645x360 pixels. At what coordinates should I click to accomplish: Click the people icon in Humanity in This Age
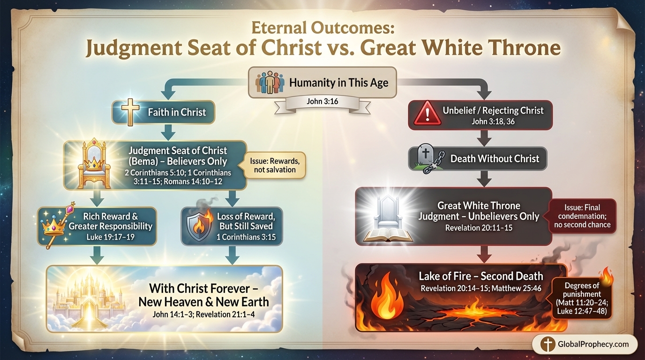click(270, 82)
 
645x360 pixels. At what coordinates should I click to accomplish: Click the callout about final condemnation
click(582, 216)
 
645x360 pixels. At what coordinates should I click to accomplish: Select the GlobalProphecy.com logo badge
click(585, 344)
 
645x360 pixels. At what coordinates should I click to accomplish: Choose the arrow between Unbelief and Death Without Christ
click(485, 138)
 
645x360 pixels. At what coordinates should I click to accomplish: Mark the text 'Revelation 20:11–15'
click(479, 228)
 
